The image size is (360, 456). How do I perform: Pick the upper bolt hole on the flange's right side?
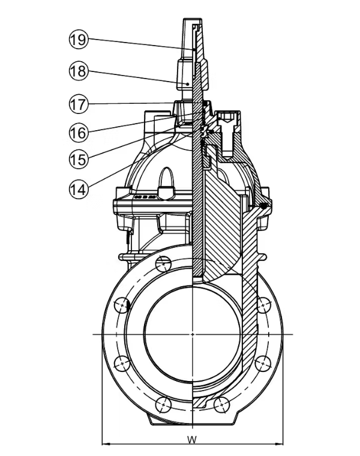(x=262, y=304)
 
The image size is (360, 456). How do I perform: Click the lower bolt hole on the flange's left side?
(x=122, y=362)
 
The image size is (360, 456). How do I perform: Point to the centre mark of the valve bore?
(x=192, y=333)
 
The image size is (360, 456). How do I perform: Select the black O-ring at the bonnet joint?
(x=263, y=206)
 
